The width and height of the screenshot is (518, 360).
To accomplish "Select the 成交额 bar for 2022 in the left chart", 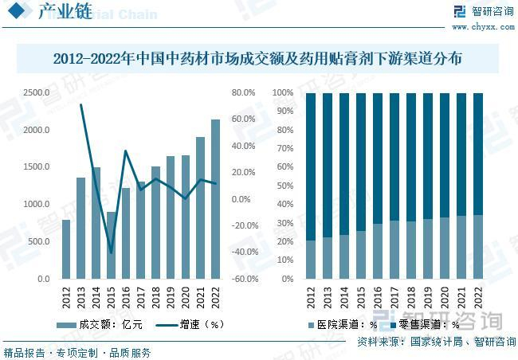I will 215,199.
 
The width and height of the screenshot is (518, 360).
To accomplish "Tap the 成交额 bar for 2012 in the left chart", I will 66,249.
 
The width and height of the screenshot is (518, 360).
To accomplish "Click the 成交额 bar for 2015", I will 112,245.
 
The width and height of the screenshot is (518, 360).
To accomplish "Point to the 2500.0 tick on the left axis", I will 37,93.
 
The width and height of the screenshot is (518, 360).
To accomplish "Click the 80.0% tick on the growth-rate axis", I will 243,93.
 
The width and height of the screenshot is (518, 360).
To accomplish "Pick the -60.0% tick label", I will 243,280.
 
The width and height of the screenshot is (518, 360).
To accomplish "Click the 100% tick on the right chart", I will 284,93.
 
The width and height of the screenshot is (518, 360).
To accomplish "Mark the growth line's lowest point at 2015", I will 112,253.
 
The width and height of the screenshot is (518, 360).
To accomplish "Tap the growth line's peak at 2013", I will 81,104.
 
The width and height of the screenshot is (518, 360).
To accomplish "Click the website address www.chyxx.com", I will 485,26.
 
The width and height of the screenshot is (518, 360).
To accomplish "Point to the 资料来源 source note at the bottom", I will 436,342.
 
